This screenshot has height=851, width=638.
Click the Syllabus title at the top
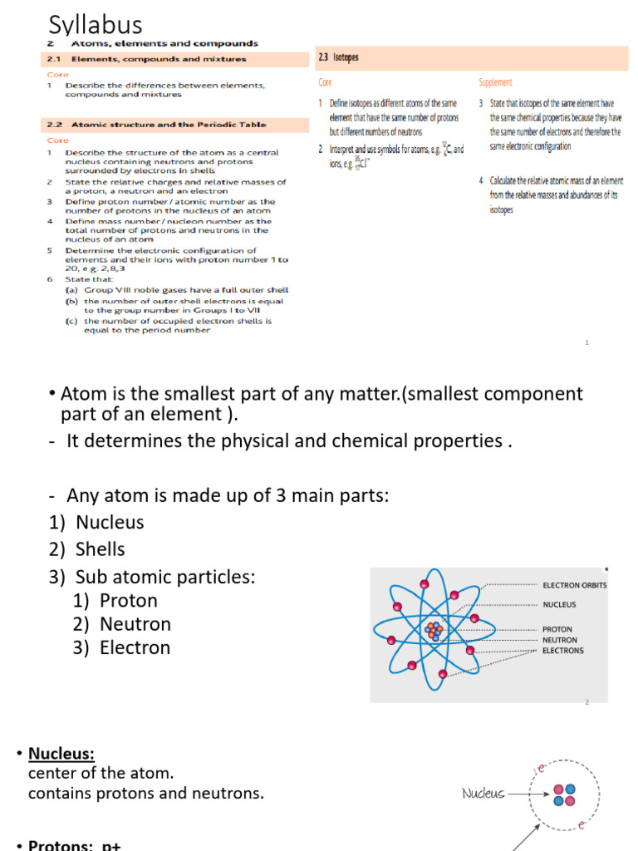[x=96, y=25]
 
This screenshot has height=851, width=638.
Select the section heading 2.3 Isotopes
[x=339, y=57]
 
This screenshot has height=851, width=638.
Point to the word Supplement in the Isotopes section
[x=495, y=82]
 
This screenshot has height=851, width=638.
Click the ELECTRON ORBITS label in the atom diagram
[x=575, y=585]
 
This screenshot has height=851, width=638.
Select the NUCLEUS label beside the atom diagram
[x=559, y=605]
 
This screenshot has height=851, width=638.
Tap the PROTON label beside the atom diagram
[x=557, y=629]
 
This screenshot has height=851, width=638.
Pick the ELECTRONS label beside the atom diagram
[x=563, y=651]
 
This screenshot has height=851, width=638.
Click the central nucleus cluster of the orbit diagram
[x=434, y=630]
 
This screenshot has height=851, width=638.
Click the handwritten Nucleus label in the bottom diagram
[x=483, y=794]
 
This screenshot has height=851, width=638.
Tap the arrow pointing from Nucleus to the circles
[x=528, y=794]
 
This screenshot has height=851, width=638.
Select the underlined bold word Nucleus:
[x=61, y=754]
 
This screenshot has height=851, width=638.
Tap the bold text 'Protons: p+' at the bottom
[x=75, y=845]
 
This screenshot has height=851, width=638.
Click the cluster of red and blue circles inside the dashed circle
[x=565, y=794]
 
